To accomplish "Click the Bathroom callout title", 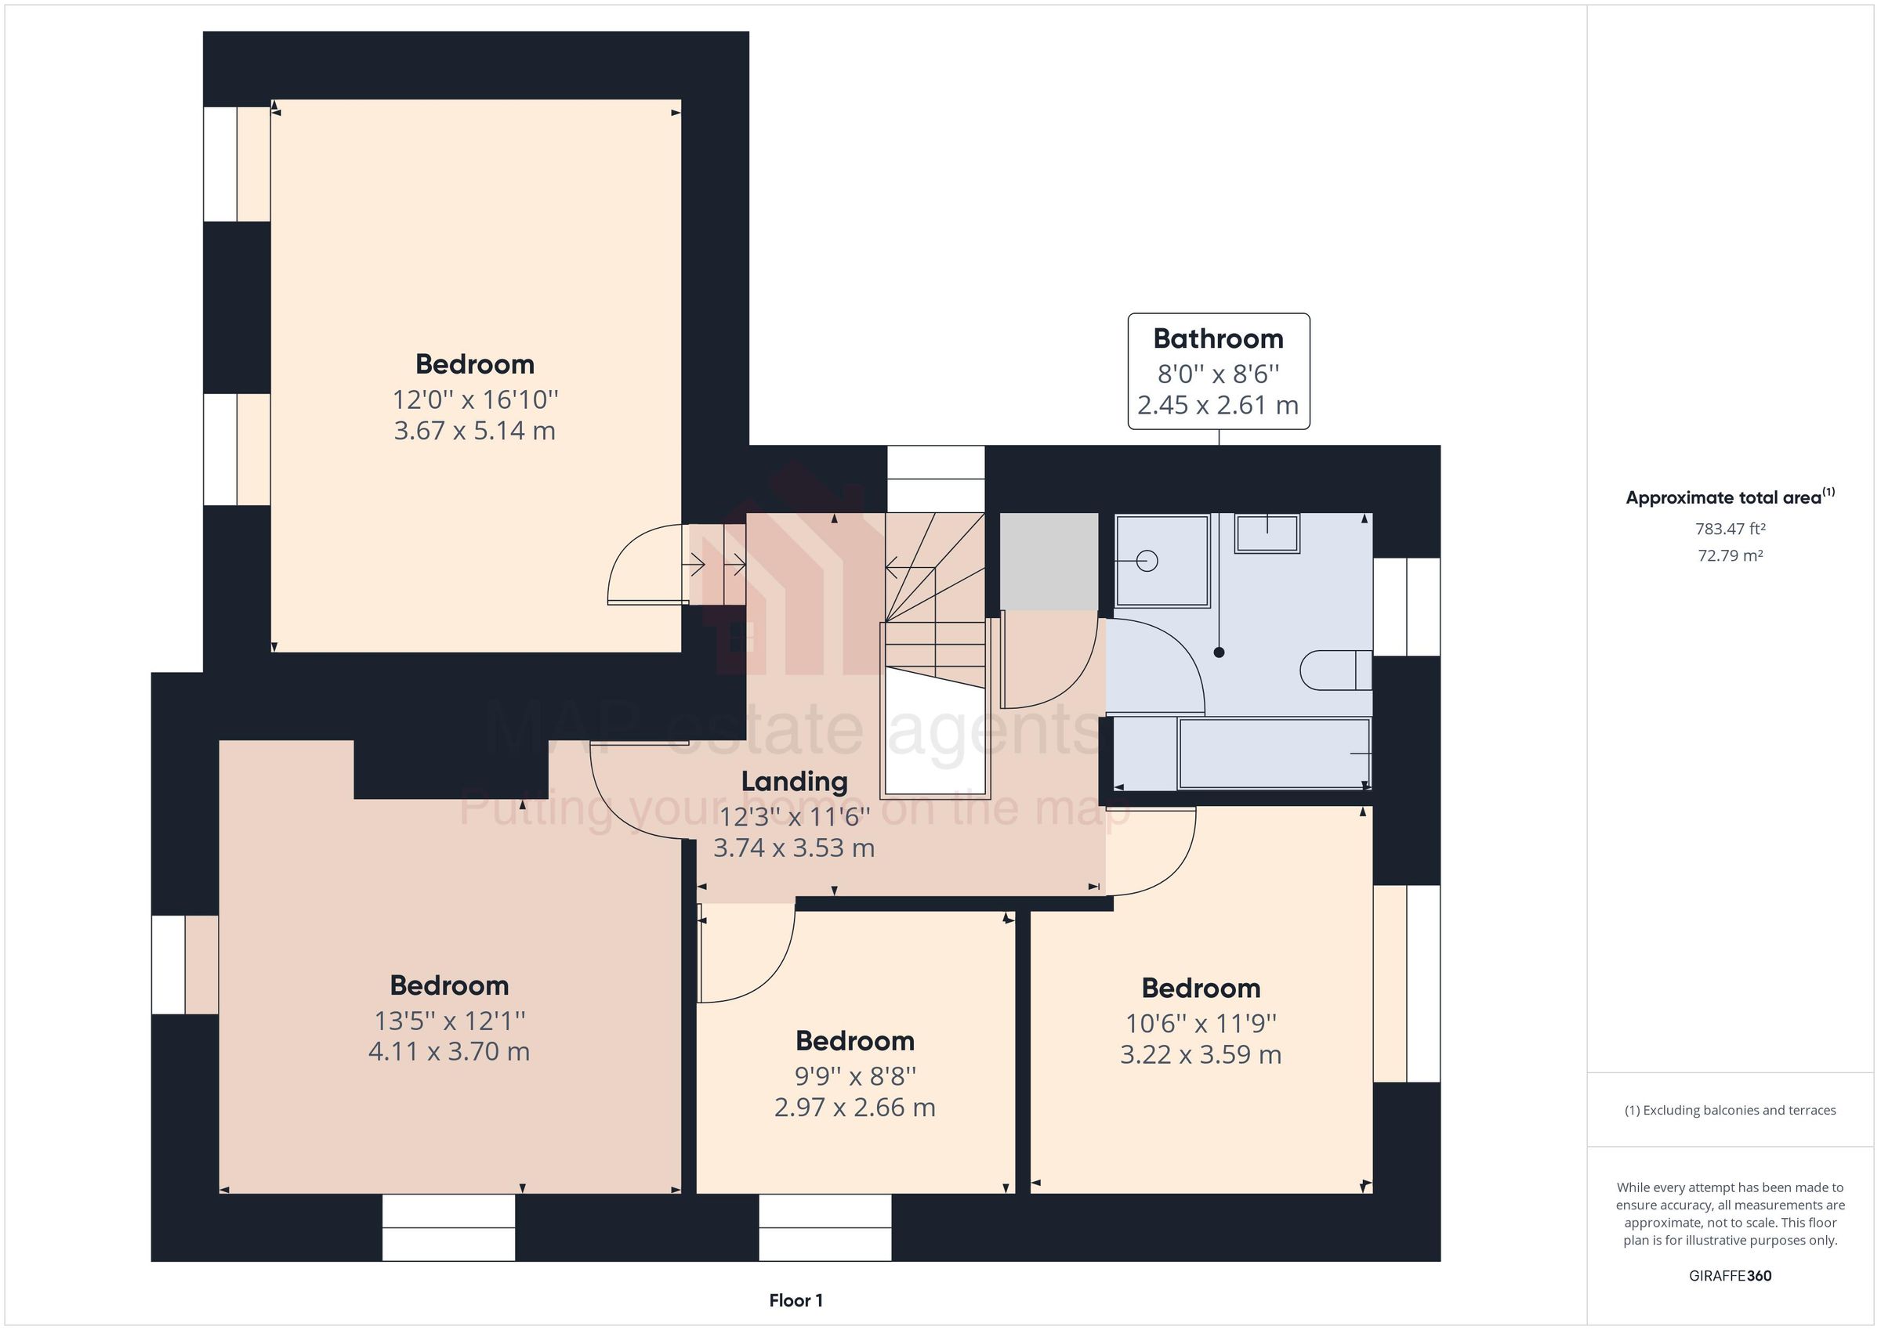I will (x=1217, y=339).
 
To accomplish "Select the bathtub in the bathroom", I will (x=1273, y=754).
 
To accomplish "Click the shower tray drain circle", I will (x=1147, y=561).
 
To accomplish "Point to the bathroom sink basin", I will (x=1267, y=533).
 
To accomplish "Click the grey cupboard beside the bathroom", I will (x=1049, y=561).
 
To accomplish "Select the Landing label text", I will (x=794, y=781).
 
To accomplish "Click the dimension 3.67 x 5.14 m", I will (x=474, y=431).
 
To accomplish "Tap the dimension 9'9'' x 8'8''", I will (x=854, y=1076).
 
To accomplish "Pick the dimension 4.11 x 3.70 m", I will (x=449, y=1052).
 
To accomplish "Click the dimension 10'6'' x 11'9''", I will (x=1200, y=1024).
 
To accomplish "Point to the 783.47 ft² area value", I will (x=1730, y=529).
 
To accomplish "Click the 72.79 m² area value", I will (x=1730, y=555).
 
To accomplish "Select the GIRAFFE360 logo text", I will (x=1730, y=1275).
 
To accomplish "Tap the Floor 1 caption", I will (x=796, y=1300).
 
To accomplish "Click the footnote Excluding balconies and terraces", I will (x=1730, y=1111).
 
